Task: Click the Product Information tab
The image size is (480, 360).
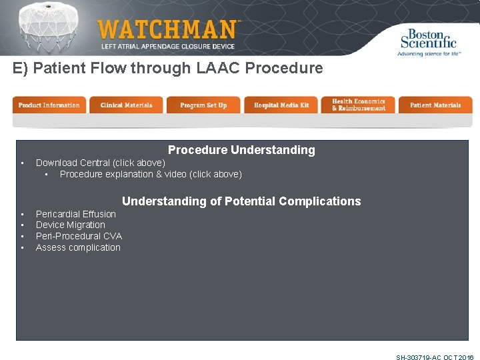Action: pyautogui.click(x=49, y=105)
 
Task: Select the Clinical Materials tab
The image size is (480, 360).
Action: pyautogui.click(x=126, y=105)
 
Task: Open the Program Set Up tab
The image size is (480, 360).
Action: pyautogui.click(x=203, y=105)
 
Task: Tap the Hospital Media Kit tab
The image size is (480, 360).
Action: pyautogui.click(x=281, y=105)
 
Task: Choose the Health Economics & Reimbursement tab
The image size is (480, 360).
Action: pyautogui.click(x=359, y=105)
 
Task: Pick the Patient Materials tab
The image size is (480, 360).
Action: pyautogui.click(x=435, y=105)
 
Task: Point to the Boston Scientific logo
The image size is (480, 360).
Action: pyautogui.click(x=428, y=41)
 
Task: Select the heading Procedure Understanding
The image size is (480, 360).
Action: pyautogui.click(x=241, y=150)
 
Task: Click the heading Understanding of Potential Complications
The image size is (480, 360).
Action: pyautogui.click(x=241, y=201)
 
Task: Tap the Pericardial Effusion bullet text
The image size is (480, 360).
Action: pyautogui.click(x=76, y=214)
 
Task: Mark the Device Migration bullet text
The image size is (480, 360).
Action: pyautogui.click(x=71, y=225)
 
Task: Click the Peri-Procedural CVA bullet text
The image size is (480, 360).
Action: pyautogui.click(x=79, y=236)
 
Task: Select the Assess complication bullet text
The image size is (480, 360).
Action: pyautogui.click(x=78, y=247)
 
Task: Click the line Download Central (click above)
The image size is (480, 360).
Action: pyautogui.click(x=101, y=163)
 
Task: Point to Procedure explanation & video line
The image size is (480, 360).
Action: pyautogui.click(x=151, y=174)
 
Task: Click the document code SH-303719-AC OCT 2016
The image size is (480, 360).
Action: pyautogui.click(x=435, y=357)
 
